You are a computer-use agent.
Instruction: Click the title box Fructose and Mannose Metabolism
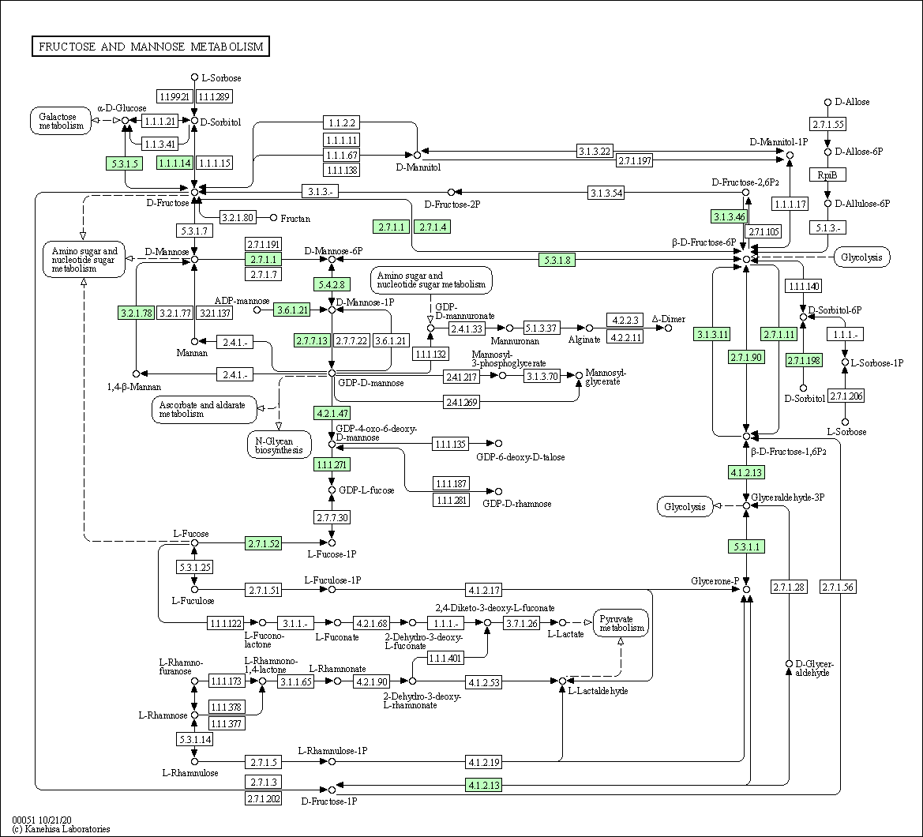[x=151, y=47]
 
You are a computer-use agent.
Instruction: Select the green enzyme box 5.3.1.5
[x=124, y=163]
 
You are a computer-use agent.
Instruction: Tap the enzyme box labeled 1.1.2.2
[x=341, y=122]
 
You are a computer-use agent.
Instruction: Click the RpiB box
[x=827, y=175]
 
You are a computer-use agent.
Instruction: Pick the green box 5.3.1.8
[x=557, y=260]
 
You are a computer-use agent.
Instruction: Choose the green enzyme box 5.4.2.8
[x=332, y=284]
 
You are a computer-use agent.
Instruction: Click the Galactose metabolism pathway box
[x=61, y=121]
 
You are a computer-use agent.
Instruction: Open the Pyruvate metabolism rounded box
[x=621, y=623]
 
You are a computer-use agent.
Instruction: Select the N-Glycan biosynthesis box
[x=279, y=445]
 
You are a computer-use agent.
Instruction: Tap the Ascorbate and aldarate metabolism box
[x=204, y=409]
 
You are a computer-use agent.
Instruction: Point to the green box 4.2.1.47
[x=332, y=413]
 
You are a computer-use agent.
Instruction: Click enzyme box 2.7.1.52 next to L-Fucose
[x=263, y=543]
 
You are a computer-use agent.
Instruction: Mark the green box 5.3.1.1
[x=746, y=547]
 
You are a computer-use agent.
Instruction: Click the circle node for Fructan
[x=273, y=218]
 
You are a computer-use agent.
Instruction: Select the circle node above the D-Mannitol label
[x=417, y=156]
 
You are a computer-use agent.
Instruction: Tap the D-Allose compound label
[x=852, y=102]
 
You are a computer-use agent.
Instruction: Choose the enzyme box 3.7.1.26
[x=522, y=623]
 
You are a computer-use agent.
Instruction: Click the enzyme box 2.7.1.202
[x=263, y=799]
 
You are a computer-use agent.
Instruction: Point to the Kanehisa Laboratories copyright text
[x=61, y=829]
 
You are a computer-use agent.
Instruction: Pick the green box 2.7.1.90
[x=746, y=357]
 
